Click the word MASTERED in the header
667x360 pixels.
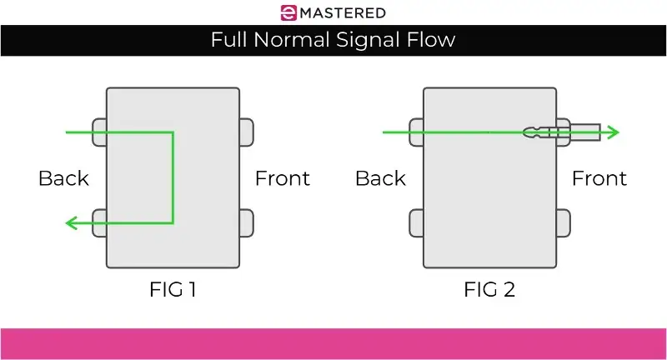coord(343,12)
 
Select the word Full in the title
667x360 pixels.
coord(229,40)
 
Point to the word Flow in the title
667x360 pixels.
coord(431,40)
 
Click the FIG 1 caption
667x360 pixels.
coord(173,290)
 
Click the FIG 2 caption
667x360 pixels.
coord(489,290)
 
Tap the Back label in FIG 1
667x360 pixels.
coord(63,177)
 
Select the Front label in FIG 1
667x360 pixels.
coord(282,177)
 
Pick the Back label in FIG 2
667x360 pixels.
coord(380,177)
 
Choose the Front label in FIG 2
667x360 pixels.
coord(599,177)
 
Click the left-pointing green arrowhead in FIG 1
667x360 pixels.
coord(72,222)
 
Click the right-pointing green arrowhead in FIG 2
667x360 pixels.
coord(613,132)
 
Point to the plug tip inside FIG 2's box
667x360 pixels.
coord(530,132)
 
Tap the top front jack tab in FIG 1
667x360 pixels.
coord(246,132)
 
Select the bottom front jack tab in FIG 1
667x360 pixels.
coord(246,222)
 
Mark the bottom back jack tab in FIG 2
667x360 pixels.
coord(416,222)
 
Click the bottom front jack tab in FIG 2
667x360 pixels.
coord(563,222)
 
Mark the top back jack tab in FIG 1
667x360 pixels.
coord(99,132)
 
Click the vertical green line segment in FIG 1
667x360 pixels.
coord(173,177)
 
